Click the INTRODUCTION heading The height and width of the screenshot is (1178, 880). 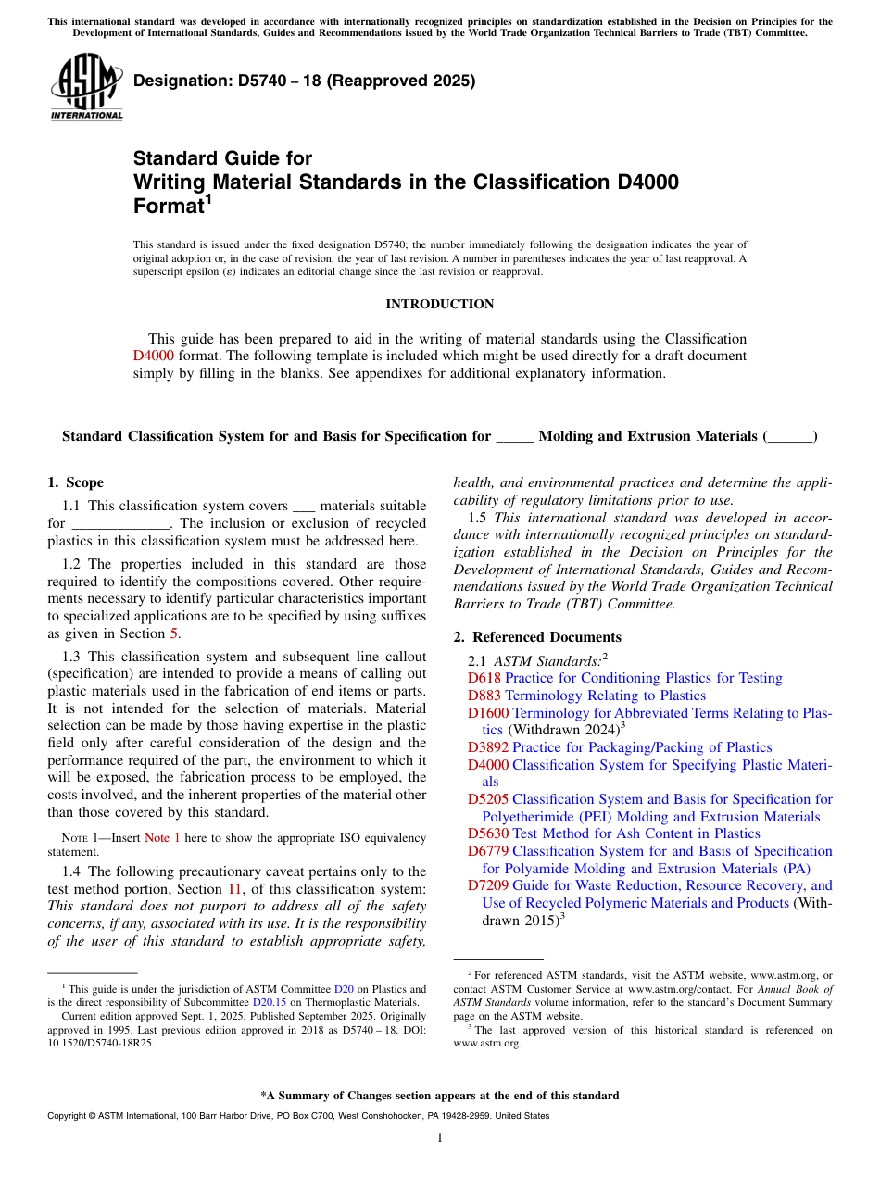pyautogui.click(x=439, y=305)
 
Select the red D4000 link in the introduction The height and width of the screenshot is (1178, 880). pyautogui.click(x=153, y=356)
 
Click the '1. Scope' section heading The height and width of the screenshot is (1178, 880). pyautogui.click(x=75, y=482)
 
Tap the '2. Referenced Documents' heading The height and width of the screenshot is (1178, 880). pyautogui.click(x=536, y=637)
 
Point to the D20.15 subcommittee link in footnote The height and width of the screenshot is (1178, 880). pyautogui.click(x=269, y=1002)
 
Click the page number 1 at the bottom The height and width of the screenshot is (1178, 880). pyautogui.click(x=440, y=1138)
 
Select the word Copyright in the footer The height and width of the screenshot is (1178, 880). pyautogui.click(x=68, y=1116)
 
